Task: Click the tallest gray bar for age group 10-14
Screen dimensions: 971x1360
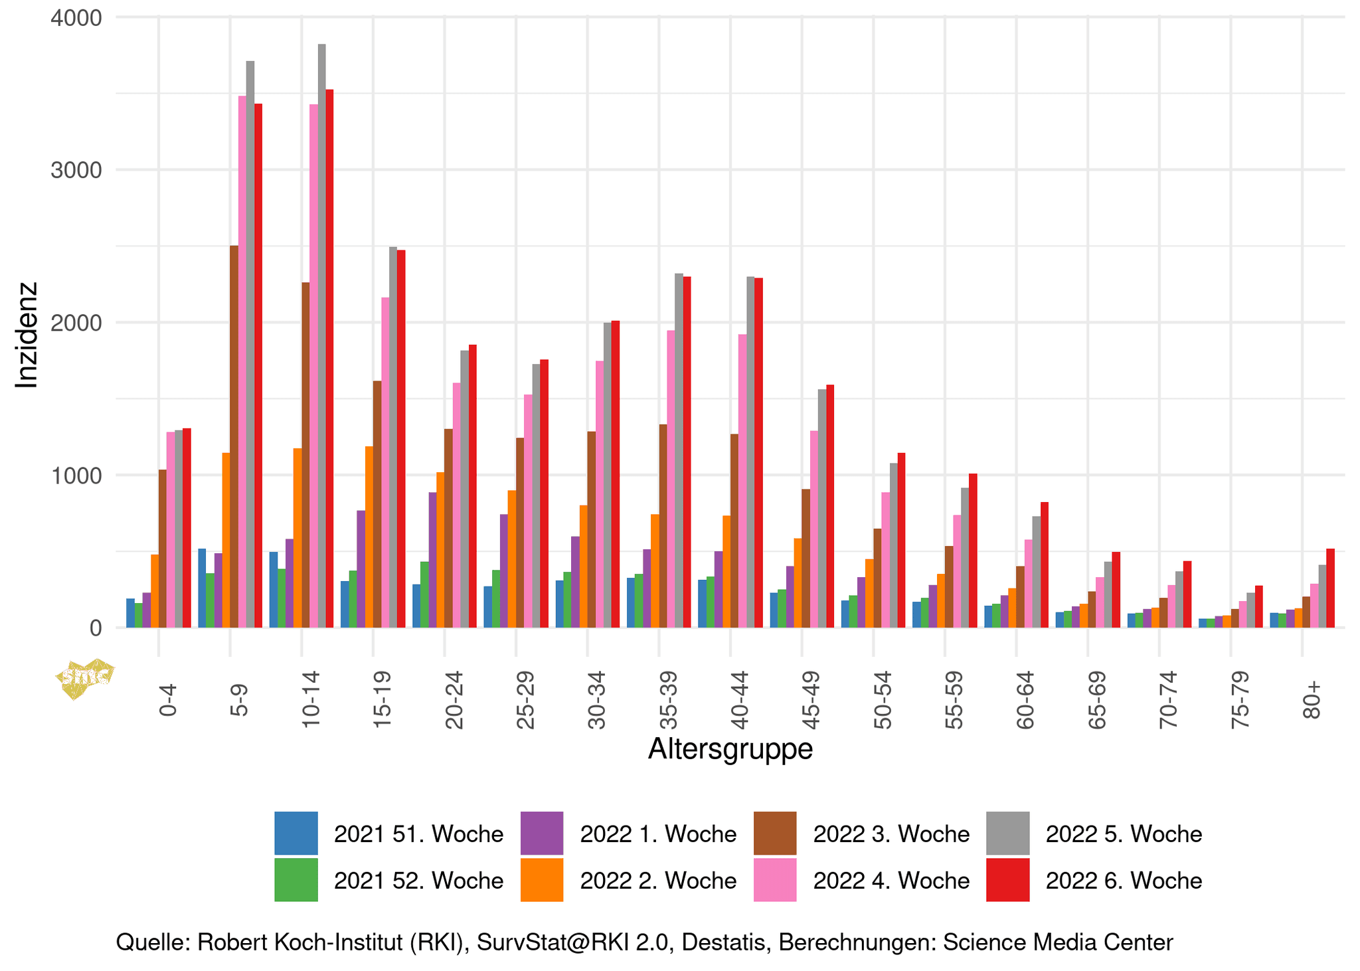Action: click(321, 335)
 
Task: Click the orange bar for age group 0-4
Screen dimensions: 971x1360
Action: click(155, 590)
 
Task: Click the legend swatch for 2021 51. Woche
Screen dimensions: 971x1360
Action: click(296, 833)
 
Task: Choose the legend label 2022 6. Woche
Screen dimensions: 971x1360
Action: click(1124, 881)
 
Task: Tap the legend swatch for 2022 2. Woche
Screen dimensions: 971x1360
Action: click(542, 880)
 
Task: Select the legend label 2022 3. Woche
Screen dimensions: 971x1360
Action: click(891, 834)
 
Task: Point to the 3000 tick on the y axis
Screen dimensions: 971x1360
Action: click(76, 170)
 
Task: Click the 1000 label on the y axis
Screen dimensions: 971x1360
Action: click(76, 476)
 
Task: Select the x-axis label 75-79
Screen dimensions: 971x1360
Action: click(1239, 700)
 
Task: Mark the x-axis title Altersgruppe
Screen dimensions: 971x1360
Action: click(730, 749)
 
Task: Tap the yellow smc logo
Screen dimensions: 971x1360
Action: click(85, 678)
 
